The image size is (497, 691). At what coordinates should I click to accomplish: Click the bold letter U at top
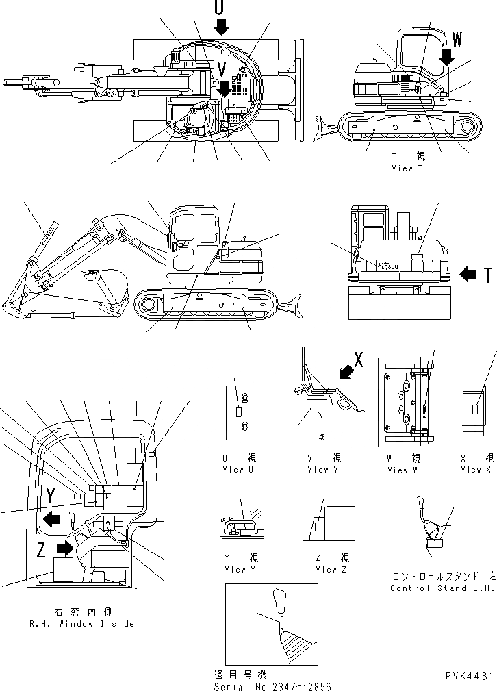(x=218, y=8)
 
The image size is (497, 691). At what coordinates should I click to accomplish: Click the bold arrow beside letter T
(x=469, y=275)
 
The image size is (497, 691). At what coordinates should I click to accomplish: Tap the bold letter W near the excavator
(x=457, y=40)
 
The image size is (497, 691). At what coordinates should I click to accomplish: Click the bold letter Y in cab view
(x=50, y=496)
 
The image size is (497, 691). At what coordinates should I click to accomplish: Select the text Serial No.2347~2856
(x=272, y=686)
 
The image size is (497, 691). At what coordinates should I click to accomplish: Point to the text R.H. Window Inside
(x=81, y=624)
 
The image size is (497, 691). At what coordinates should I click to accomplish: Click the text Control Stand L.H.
(x=442, y=588)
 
